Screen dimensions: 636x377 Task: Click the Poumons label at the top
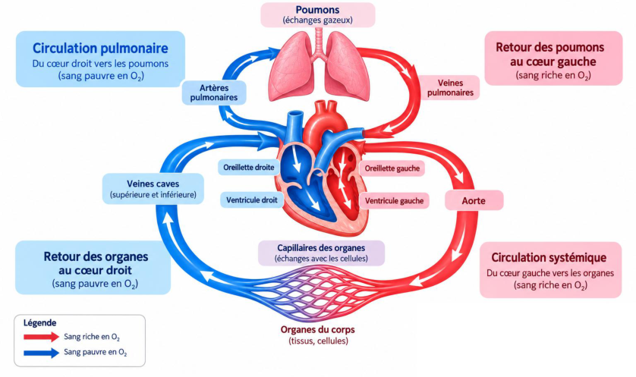[x=317, y=14]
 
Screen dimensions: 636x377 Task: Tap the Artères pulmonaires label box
[x=214, y=93]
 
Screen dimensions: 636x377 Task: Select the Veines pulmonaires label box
[x=450, y=87]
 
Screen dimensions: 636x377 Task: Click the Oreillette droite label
[x=249, y=168]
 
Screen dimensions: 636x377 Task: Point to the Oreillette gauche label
[x=392, y=168]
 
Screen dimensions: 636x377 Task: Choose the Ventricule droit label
[x=252, y=199]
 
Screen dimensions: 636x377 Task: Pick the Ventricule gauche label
[x=394, y=201]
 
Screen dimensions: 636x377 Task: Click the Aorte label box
[x=474, y=201]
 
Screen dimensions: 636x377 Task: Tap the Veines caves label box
[x=153, y=189]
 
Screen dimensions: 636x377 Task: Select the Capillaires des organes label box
[x=321, y=253]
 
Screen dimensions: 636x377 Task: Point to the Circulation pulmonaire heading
[x=100, y=49]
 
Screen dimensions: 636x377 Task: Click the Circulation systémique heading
[x=549, y=257]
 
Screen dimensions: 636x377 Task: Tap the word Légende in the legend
[x=39, y=323]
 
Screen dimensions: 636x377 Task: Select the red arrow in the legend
[x=42, y=337]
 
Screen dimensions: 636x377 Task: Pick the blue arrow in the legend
[x=42, y=353]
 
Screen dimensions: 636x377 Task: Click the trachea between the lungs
[x=319, y=42]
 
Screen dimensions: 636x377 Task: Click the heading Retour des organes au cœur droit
[x=96, y=263]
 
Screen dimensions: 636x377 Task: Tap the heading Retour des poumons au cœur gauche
[x=550, y=55]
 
